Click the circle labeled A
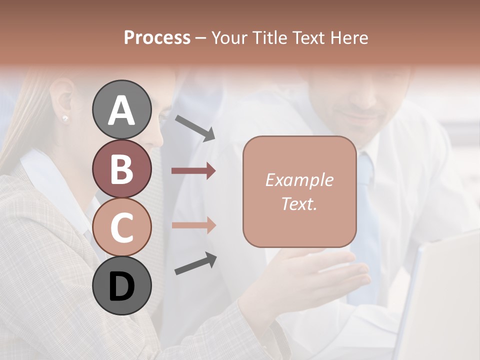pos(121,109)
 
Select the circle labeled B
pos(121,168)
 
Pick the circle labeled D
pos(121,285)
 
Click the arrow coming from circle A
pos(194,127)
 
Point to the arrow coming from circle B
pos(193,171)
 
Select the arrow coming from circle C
pos(193,225)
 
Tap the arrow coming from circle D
pos(195,263)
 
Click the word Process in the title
pos(157,37)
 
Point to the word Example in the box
pos(299,180)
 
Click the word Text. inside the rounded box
pos(299,203)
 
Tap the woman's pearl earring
pos(64,118)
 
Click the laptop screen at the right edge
pos(445,300)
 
